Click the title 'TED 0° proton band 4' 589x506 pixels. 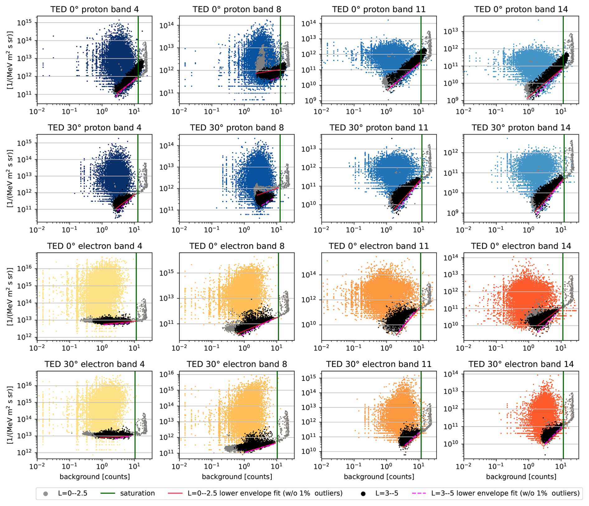click(x=95, y=9)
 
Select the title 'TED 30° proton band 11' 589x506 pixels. click(x=379, y=128)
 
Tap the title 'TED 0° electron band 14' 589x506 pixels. click(x=521, y=246)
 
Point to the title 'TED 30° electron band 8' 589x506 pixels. click(x=237, y=364)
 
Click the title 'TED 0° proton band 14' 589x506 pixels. click(x=521, y=9)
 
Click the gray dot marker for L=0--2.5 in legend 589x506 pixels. click(x=46, y=494)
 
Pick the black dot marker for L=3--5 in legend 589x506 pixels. click(x=363, y=494)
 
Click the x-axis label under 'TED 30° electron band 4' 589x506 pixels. click(x=95, y=477)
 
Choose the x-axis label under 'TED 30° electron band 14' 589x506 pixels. click(x=521, y=477)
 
